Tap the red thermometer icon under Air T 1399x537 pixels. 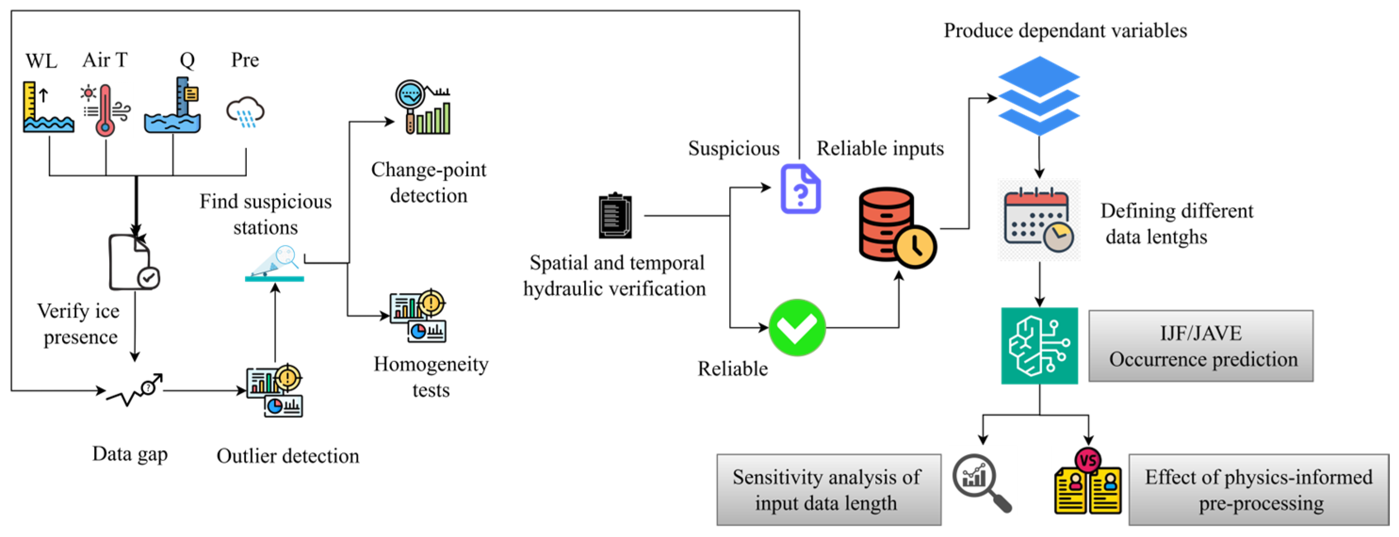(106, 110)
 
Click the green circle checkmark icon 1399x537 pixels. (797, 327)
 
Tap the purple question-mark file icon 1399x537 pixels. (800, 188)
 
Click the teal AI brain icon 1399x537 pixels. (1040, 346)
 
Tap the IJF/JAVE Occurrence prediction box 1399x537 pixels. (1201, 346)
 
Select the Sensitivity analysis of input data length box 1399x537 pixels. (829, 490)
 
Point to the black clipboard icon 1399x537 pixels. (615, 216)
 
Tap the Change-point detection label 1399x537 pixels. (429, 182)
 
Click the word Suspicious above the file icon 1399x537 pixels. (734, 148)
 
